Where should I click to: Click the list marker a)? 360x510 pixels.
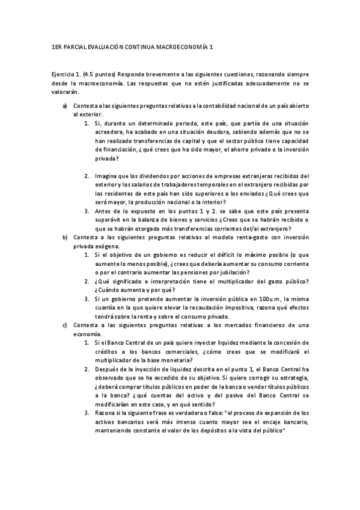(x=65, y=106)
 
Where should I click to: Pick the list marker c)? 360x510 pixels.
(x=65, y=325)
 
